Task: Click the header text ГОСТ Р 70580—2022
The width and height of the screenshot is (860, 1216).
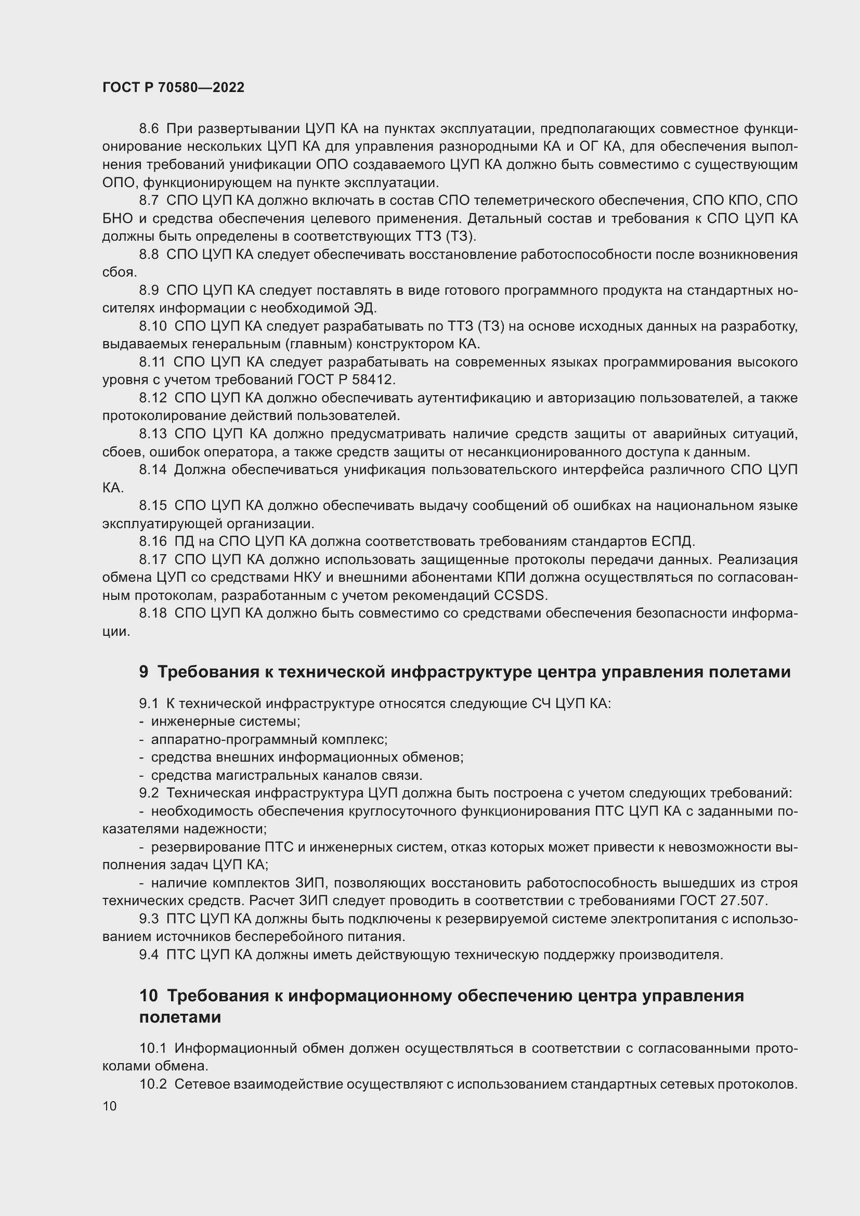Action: tap(173, 87)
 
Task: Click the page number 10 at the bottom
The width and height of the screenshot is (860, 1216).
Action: tap(110, 1106)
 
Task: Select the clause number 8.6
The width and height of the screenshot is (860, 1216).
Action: tap(149, 129)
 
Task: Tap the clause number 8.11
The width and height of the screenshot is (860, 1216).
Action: tap(152, 362)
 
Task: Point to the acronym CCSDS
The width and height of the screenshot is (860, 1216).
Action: tap(519, 595)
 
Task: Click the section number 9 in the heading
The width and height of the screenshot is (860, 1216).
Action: tap(144, 672)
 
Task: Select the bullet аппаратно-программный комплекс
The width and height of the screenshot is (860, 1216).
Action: tap(269, 739)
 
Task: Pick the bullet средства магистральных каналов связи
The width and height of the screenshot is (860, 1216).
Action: tap(286, 775)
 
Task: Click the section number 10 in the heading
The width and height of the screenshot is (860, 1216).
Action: tap(149, 996)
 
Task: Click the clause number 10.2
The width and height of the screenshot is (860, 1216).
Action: tap(152, 1084)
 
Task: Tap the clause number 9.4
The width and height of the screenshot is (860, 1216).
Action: tap(149, 955)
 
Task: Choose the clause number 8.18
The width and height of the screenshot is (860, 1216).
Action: tap(152, 613)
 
